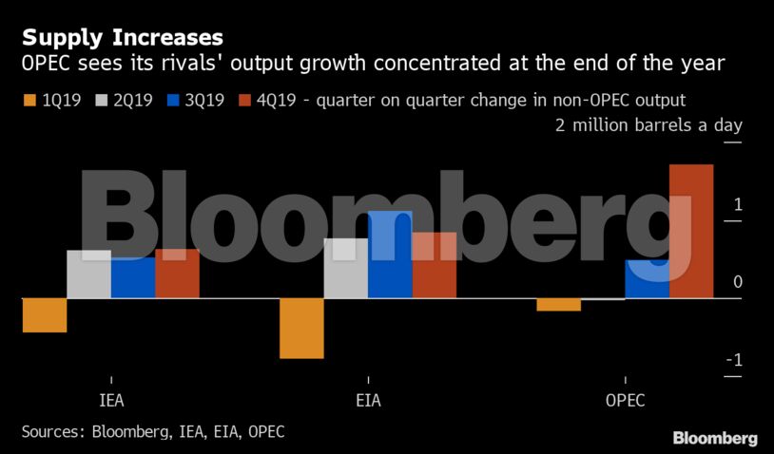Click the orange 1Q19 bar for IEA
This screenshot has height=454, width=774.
click(44, 315)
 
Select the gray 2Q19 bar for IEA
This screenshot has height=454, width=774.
click(88, 274)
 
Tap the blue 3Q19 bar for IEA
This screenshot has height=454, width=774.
click(133, 277)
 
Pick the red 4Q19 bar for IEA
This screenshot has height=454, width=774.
click(177, 274)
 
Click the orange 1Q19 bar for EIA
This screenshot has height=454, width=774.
click(301, 329)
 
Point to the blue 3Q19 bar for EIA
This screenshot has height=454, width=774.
click(390, 255)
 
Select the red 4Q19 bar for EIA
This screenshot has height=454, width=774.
click(434, 265)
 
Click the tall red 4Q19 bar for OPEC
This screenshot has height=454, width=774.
click(691, 232)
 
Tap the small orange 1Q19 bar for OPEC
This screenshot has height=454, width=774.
click(558, 305)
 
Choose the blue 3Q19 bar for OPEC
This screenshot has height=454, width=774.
click(647, 279)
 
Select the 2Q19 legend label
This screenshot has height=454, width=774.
click(132, 100)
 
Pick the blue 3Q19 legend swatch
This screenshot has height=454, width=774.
click(172, 100)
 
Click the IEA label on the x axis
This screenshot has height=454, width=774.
click(111, 400)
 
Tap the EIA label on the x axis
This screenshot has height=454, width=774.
click(367, 400)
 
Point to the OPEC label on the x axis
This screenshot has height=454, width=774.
click(625, 400)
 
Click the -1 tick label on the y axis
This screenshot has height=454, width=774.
click(735, 361)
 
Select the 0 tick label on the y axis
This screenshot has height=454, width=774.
click(738, 283)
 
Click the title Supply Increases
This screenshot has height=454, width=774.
click(123, 38)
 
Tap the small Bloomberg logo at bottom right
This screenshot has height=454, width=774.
click(715, 438)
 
